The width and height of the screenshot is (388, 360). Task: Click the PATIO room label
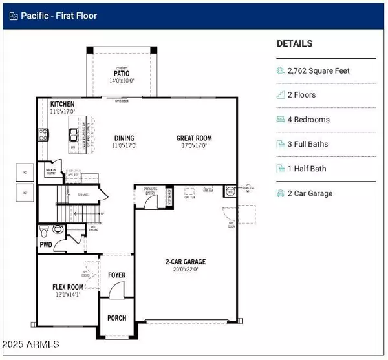pos(122,74)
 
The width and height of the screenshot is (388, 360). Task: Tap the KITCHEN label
pos(63,104)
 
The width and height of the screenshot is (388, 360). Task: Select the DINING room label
pos(125,138)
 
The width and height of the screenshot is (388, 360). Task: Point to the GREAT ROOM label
pos(194,138)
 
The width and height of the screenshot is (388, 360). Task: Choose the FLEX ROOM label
pos(68,286)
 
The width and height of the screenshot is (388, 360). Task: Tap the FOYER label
pos(116,275)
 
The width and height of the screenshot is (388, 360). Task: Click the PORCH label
pos(116,318)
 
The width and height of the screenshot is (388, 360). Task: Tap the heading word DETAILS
pos(294,44)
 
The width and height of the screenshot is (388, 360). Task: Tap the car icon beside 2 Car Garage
pos(281,193)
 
